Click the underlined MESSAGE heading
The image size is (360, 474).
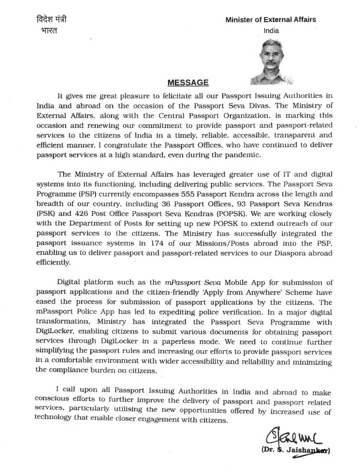(x=188, y=82)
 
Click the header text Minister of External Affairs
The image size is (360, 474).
(x=271, y=20)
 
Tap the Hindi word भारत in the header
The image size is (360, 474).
(x=48, y=30)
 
